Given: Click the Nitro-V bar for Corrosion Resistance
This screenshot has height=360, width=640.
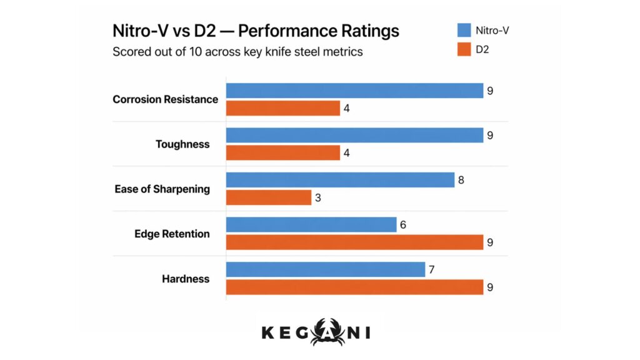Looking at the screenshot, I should pos(354,91).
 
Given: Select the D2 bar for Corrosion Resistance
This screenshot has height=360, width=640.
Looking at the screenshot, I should pos(282,108).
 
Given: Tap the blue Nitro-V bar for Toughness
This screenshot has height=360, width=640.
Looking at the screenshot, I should pos(354,135).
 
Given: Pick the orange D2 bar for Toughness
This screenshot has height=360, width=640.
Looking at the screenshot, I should pos(282,152).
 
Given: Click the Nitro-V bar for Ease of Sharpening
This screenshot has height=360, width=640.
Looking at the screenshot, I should pos(340,180).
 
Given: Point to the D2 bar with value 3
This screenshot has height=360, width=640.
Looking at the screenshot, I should pos(268,197).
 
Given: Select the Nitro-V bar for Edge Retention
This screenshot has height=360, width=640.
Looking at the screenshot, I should pos(311,224).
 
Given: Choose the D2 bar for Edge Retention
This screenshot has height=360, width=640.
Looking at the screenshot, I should pos(354,242).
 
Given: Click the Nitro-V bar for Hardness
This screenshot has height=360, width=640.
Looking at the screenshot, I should pos(326,269).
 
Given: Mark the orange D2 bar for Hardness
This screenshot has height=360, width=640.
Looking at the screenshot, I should pos(354,287).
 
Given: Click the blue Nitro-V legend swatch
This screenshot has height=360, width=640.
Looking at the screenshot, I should pos(464,29).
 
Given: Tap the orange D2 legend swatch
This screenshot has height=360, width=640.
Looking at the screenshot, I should pos(464,49).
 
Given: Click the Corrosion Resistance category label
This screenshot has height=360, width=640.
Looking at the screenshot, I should pos(165,99).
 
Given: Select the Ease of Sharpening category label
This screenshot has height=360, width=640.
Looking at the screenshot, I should pos(162,189).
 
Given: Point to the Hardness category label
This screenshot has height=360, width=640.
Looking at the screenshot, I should pos(186,278).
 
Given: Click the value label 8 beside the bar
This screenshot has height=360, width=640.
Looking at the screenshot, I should pos(461,180).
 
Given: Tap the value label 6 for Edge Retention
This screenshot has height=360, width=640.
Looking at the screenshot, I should pos(404,224).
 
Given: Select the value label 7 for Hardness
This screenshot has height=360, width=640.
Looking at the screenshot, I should pos(432,269).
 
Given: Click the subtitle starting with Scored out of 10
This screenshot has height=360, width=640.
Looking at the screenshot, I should pos(237,52).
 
